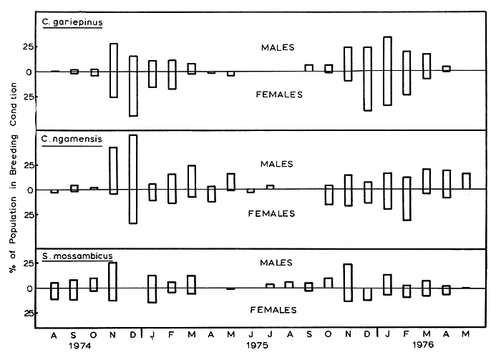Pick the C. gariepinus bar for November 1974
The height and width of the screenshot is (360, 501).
(x=113, y=70)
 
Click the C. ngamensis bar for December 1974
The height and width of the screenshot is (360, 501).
(x=133, y=179)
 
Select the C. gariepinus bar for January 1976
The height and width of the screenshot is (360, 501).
(x=387, y=71)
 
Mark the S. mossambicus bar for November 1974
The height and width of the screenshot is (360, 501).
(x=113, y=281)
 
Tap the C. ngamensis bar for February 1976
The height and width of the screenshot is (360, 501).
(x=407, y=198)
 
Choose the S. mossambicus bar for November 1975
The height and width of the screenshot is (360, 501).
(x=348, y=283)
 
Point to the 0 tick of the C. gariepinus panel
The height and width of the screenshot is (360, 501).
(x=29, y=72)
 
